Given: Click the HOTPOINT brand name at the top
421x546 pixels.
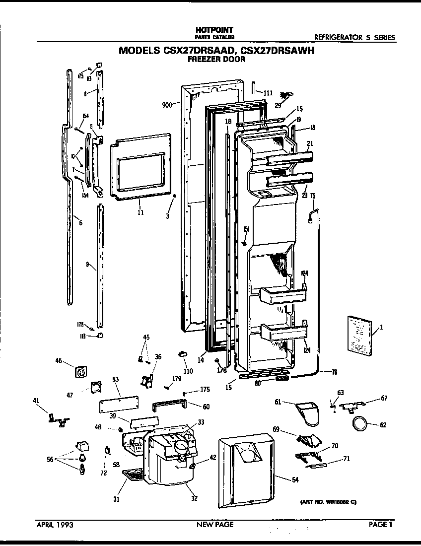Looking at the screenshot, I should point(214,30).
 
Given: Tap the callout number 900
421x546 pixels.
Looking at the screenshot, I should point(167,105).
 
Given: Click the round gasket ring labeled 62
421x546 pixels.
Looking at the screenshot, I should point(360,423).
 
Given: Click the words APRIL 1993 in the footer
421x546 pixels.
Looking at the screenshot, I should point(55,524).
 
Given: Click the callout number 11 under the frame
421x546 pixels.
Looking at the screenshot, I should point(140,212).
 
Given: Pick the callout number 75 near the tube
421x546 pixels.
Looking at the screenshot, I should point(313,196).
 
